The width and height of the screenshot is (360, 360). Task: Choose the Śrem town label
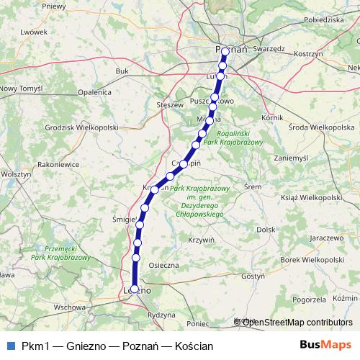[253, 186]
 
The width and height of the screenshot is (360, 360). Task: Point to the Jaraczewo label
[325, 236]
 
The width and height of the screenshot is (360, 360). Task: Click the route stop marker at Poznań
[225, 51]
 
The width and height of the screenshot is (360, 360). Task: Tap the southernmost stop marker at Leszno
[134, 289]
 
